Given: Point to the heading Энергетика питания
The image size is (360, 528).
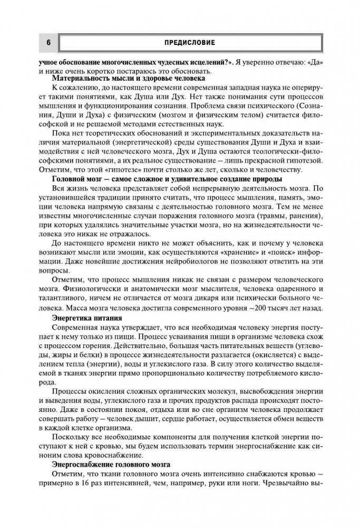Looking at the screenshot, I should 87,318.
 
